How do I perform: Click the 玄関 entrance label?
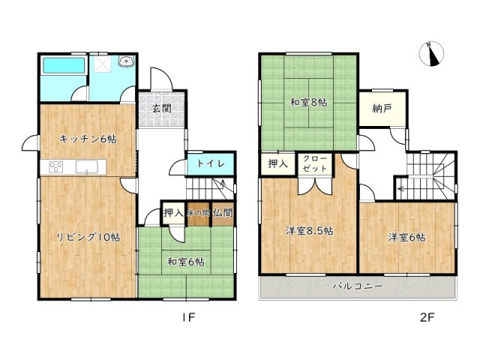point(161,108)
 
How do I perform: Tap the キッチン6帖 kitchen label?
point(88,139)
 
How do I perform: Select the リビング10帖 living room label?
point(88,238)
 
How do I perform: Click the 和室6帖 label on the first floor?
point(186,262)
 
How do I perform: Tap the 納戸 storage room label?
point(382,109)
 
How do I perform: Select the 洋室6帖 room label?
point(406,238)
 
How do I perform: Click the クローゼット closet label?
point(309,164)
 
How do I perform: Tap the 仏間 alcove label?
point(222,213)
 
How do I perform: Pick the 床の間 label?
point(198,214)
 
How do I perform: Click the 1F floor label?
point(187,317)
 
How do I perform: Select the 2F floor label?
point(427,317)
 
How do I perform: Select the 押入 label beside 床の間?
point(174,213)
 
